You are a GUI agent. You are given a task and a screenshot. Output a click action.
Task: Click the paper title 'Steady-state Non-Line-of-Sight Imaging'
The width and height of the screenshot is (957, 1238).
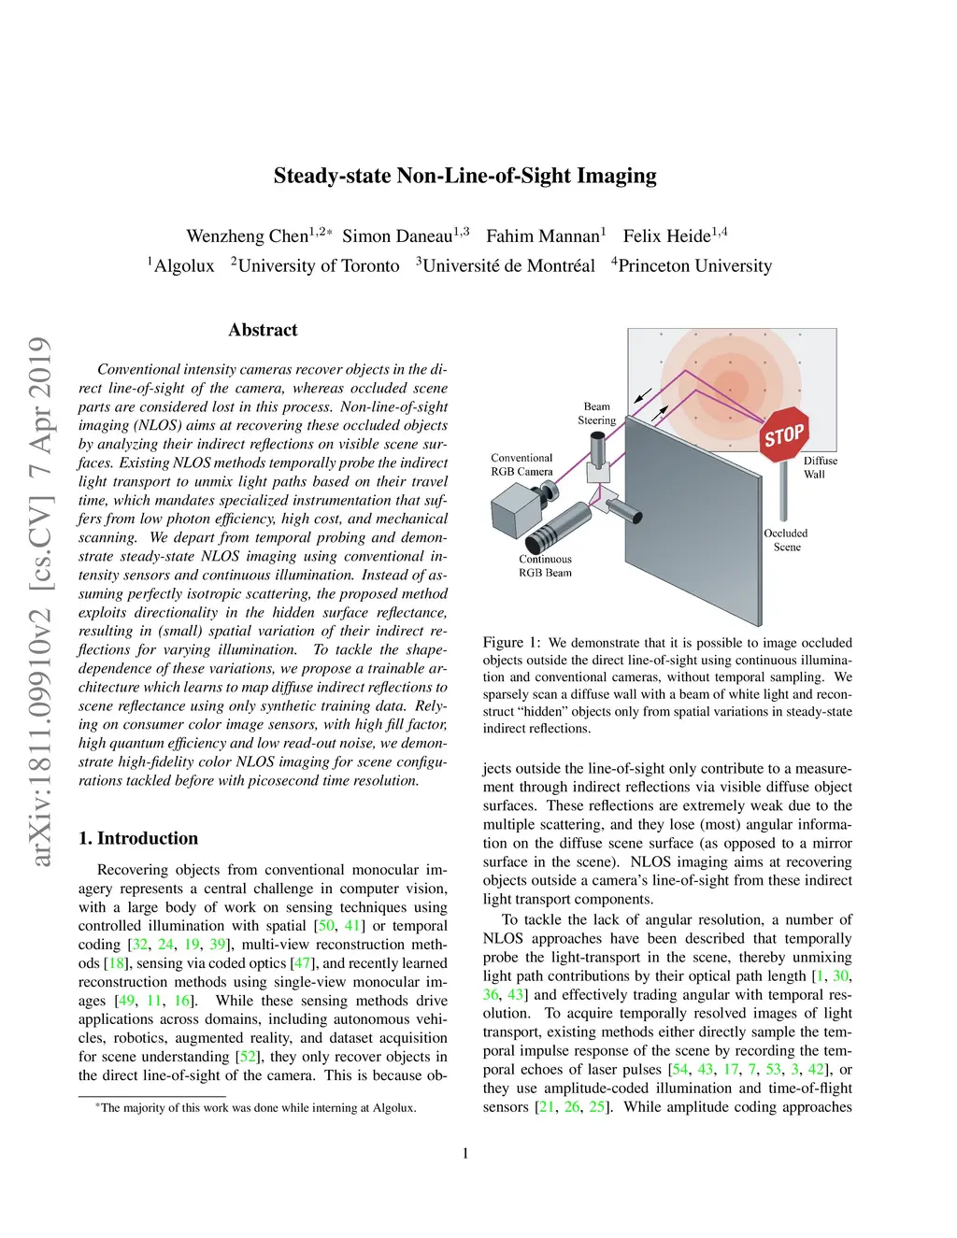pos(464,176)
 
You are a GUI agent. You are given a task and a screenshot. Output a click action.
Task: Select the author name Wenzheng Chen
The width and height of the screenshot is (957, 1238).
pos(247,236)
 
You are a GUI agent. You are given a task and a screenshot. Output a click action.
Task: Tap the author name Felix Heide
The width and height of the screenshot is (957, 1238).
pos(666,236)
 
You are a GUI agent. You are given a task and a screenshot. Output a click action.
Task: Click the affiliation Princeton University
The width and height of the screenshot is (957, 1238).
pos(694,266)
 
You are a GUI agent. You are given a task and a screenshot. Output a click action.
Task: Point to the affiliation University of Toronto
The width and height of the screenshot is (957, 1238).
pos(318,266)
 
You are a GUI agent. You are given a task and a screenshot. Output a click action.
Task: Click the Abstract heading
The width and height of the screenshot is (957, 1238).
pos(263,330)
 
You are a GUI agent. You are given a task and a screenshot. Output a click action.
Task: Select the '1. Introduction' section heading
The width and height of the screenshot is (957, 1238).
pos(138,838)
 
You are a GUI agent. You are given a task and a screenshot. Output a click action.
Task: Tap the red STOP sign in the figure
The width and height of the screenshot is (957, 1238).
pos(784,434)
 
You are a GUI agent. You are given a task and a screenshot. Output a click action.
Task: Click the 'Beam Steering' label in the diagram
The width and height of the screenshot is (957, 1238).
pos(596,413)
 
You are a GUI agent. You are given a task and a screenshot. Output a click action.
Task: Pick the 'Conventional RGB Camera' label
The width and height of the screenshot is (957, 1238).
pos(521,464)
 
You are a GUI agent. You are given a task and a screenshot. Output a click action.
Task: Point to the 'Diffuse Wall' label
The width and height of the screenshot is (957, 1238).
pos(820,467)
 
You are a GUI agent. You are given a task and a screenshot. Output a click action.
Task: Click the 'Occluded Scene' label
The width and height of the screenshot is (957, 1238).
pos(786,540)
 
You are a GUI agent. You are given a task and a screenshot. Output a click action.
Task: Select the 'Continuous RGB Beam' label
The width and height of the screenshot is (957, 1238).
pos(545,566)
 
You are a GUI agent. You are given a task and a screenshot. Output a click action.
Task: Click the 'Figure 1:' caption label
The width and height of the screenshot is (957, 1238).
pos(511,643)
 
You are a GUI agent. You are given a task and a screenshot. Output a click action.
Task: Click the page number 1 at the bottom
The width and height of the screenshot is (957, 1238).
pos(465,1153)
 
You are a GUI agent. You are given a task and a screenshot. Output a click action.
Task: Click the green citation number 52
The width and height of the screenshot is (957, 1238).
pos(248,1057)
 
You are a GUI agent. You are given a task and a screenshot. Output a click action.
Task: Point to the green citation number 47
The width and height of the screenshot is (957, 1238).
pos(302,963)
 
